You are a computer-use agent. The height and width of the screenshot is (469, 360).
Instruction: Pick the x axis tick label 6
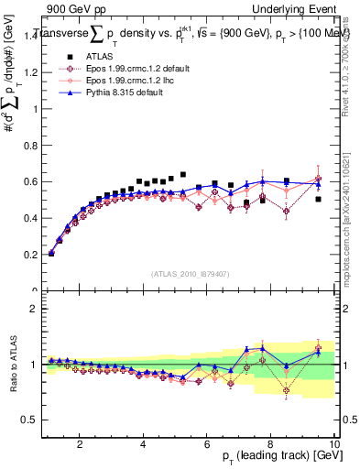click(207, 444)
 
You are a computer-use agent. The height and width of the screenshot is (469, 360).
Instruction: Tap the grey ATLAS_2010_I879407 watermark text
click(191, 273)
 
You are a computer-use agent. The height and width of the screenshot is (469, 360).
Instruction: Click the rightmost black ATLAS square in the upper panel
click(319, 199)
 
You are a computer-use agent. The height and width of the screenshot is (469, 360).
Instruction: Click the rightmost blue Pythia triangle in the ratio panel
click(319, 352)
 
